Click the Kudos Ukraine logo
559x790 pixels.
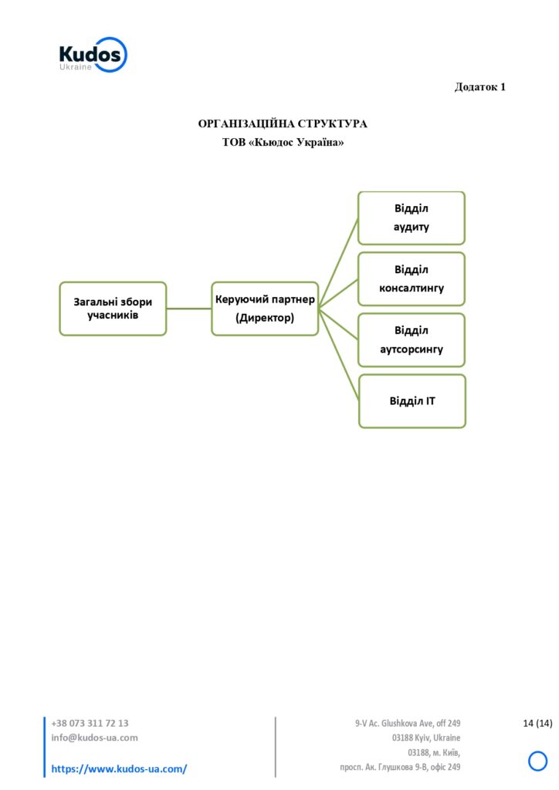[93, 55]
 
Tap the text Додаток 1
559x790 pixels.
[480, 86]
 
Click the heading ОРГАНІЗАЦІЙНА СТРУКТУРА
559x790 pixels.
[283, 123]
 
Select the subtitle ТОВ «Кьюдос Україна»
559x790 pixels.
[283, 142]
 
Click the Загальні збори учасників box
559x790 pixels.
[113, 309]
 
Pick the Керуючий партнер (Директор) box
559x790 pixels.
[265, 309]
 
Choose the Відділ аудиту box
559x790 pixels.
[412, 218]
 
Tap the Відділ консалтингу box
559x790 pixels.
[412, 279]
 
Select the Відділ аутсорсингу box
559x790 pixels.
[412, 339]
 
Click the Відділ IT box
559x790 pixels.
[412, 401]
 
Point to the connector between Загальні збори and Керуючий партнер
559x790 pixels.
[189, 309]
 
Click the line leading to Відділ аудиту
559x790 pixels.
[338, 263]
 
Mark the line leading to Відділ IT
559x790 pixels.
[339, 355]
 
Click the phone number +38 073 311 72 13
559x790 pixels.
[90, 723]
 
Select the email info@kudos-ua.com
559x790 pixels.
[94, 738]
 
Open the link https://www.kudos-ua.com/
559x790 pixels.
[119, 769]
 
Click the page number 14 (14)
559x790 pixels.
[537, 723]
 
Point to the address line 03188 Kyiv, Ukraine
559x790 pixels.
[426, 738]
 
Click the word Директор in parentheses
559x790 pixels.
[265, 318]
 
